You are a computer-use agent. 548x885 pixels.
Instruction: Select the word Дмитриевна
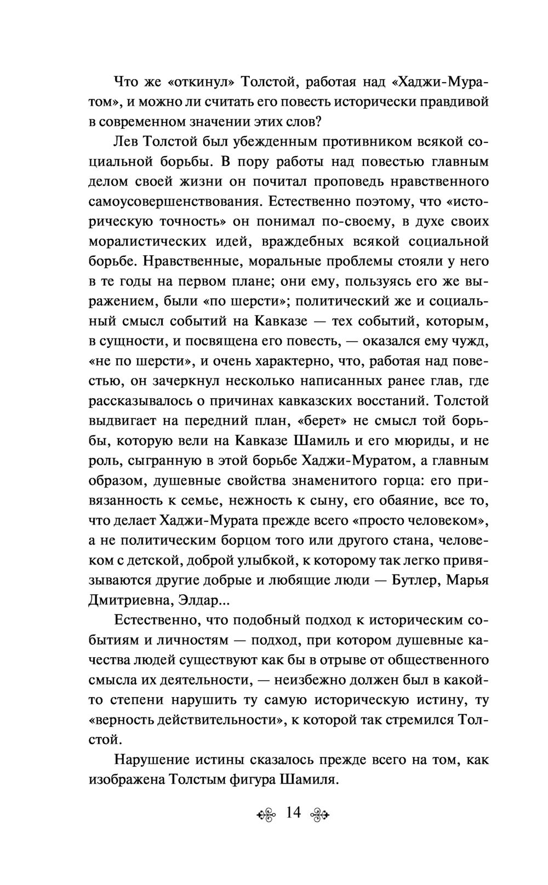(x=129, y=600)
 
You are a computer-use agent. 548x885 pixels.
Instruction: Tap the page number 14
(x=293, y=827)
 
